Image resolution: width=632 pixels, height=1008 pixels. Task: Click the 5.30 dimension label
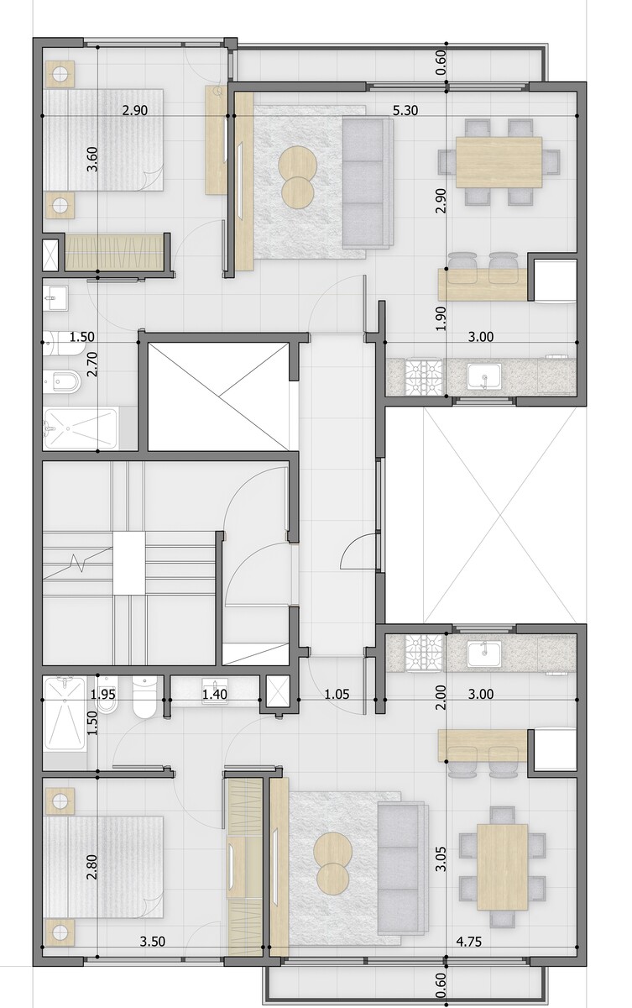pyautogui.click(x=405, y=110)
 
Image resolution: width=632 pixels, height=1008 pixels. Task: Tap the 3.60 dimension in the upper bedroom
pyautogui.click(x=92, y=160)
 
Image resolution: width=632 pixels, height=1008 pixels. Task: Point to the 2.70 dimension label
pyautogui.click(x=92, y=365)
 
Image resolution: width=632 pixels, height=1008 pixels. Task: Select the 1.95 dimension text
pyautogui.click(x=103, y=695)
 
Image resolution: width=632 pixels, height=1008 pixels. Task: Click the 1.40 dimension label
pyautogui.click(x=214, y=695)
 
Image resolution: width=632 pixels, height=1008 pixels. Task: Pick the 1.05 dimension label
pyautogui.click(x=337, y=695)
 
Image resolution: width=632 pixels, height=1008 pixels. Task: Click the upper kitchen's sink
pyautogui.click(x=483, y=376)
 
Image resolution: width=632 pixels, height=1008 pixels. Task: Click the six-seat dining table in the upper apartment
pyautogui.click(x=499, y=162)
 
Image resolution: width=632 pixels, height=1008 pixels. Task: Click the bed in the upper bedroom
pyautogui.click(x=103, y=140)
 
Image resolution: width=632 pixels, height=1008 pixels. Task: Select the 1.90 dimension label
pyautogui.click(x=441, y=318)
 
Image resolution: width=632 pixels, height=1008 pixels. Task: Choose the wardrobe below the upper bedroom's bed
pyautogui.click(x=114, y=251)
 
